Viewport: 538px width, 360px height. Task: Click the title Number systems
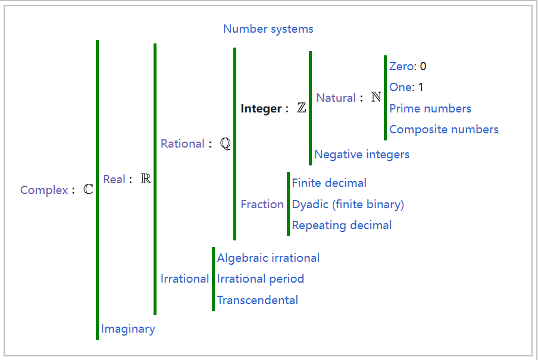pos(268,29)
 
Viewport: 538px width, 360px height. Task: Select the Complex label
pos(44,190)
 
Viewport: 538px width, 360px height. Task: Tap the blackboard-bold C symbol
pos(88,190)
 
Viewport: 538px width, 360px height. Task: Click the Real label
pos(114,179)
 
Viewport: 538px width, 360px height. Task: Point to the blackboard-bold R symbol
pos(146,179)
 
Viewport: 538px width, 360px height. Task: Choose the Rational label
pos(182,143)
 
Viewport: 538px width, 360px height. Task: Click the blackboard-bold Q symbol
pos(226,143)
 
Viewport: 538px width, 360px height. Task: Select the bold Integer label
pos(261,108)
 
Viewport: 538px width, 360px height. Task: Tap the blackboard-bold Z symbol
pos(302,108)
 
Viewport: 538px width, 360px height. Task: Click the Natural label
pos(336,98)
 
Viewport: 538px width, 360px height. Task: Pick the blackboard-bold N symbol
pos(376,98)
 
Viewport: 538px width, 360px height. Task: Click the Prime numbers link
pos(430,108)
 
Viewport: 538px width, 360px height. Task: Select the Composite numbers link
pos(444,129)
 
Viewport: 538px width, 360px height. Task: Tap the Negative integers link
pos(362,154)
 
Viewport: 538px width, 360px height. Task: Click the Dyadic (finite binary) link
pos(348,204)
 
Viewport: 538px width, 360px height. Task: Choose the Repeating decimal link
pos(342,225)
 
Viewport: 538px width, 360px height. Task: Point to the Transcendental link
pos(257,300)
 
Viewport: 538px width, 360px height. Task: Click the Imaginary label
pos(128,328)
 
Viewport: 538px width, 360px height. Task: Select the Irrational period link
pos(260,278)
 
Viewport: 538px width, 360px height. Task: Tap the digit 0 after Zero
pos(423,66)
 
